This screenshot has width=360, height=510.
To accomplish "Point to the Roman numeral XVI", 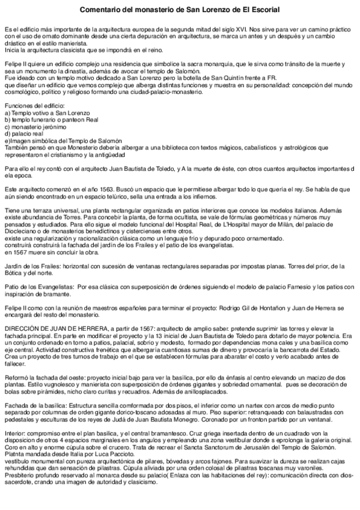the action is tap(245, 29).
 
